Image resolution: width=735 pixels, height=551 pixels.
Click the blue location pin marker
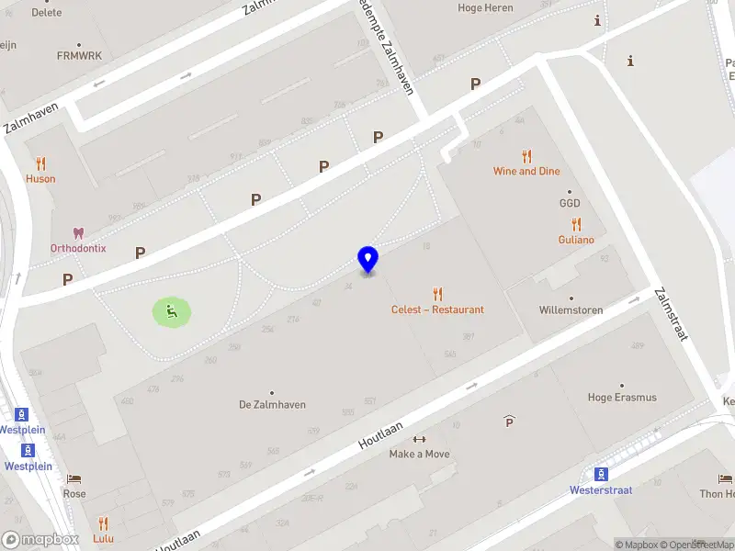(x=367, y=259)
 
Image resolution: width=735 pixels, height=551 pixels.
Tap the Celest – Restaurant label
(x=437, y=309)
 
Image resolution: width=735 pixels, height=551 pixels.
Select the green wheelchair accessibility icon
(x=172, y=312)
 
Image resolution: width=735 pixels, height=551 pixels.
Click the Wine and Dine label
(x=526, y=171)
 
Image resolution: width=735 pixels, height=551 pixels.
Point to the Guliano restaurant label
(x=576, y=240)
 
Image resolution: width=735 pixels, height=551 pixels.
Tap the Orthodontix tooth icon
(x=78, y=233)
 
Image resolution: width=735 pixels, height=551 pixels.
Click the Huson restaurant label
(x=40, y=178)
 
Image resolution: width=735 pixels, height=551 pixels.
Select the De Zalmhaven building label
(x=272, y=404)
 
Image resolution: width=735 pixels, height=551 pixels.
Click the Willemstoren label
(x=571, y=309)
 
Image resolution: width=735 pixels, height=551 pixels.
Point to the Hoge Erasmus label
(x=622, y=398)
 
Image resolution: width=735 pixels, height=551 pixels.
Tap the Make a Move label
(x=419, y=454)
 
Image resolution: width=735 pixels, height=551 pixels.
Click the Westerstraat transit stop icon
(x=601, y=474)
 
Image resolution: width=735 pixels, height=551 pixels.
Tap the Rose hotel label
(x=74, y=493)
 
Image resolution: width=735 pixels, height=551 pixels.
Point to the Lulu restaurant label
(x=103, y=538)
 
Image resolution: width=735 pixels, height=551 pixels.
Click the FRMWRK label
(x=78, y=55)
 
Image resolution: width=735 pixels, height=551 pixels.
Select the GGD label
(x=570, y=203)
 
